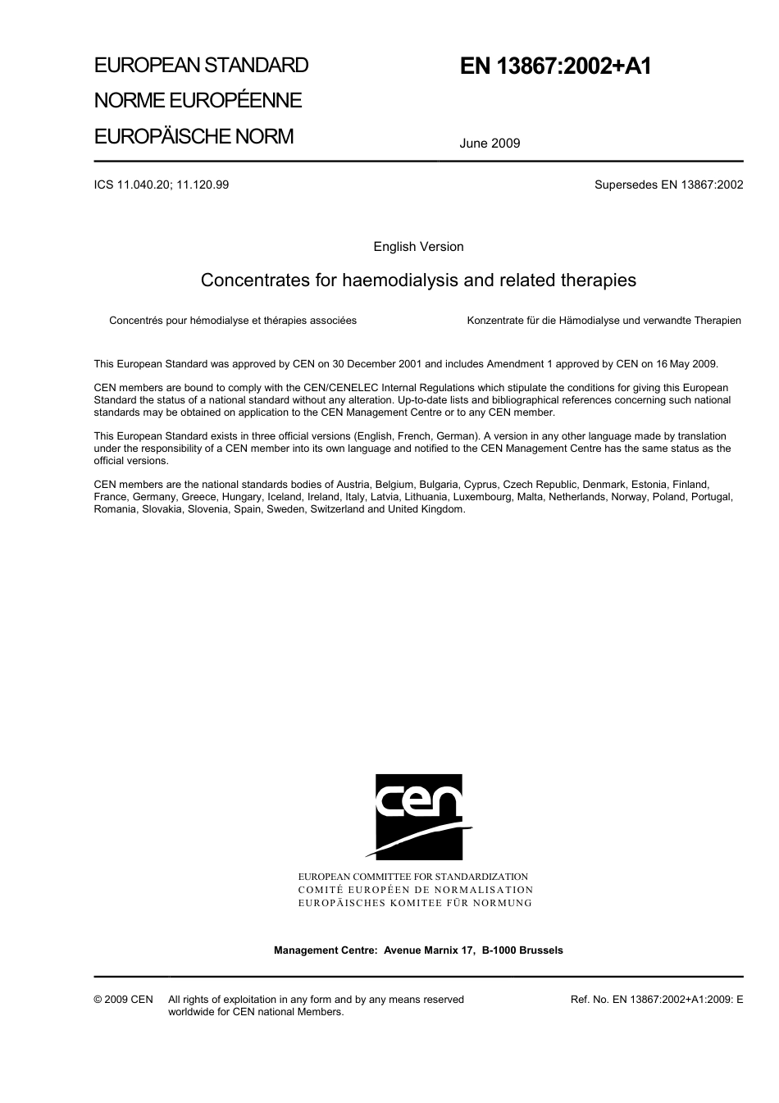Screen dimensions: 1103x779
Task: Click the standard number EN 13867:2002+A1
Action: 555,66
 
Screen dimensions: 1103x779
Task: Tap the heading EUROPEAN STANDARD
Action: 201,66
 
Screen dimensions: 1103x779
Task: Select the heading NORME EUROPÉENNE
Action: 198,101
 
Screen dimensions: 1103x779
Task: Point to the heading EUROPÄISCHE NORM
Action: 194,136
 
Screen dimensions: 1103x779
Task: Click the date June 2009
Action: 490,144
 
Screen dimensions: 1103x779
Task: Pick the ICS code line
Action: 162,185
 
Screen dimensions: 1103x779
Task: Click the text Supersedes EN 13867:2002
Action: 668,185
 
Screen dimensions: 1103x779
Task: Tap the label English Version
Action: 418,247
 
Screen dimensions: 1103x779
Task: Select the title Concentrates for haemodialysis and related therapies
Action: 418,280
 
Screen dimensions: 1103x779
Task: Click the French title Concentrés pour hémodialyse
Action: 233,321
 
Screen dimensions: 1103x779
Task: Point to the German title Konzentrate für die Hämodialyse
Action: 604,321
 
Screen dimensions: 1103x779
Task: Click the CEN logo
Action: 418,817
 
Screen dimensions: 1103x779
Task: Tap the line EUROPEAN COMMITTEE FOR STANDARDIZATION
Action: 412,877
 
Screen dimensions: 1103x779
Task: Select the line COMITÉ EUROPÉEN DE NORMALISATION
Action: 415,890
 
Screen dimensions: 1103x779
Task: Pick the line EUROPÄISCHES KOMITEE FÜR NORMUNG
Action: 415,903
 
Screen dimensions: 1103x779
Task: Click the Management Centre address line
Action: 418,950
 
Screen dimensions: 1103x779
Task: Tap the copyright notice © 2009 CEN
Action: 123,1000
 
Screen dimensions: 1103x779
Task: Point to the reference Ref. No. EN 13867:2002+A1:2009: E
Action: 656,1000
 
